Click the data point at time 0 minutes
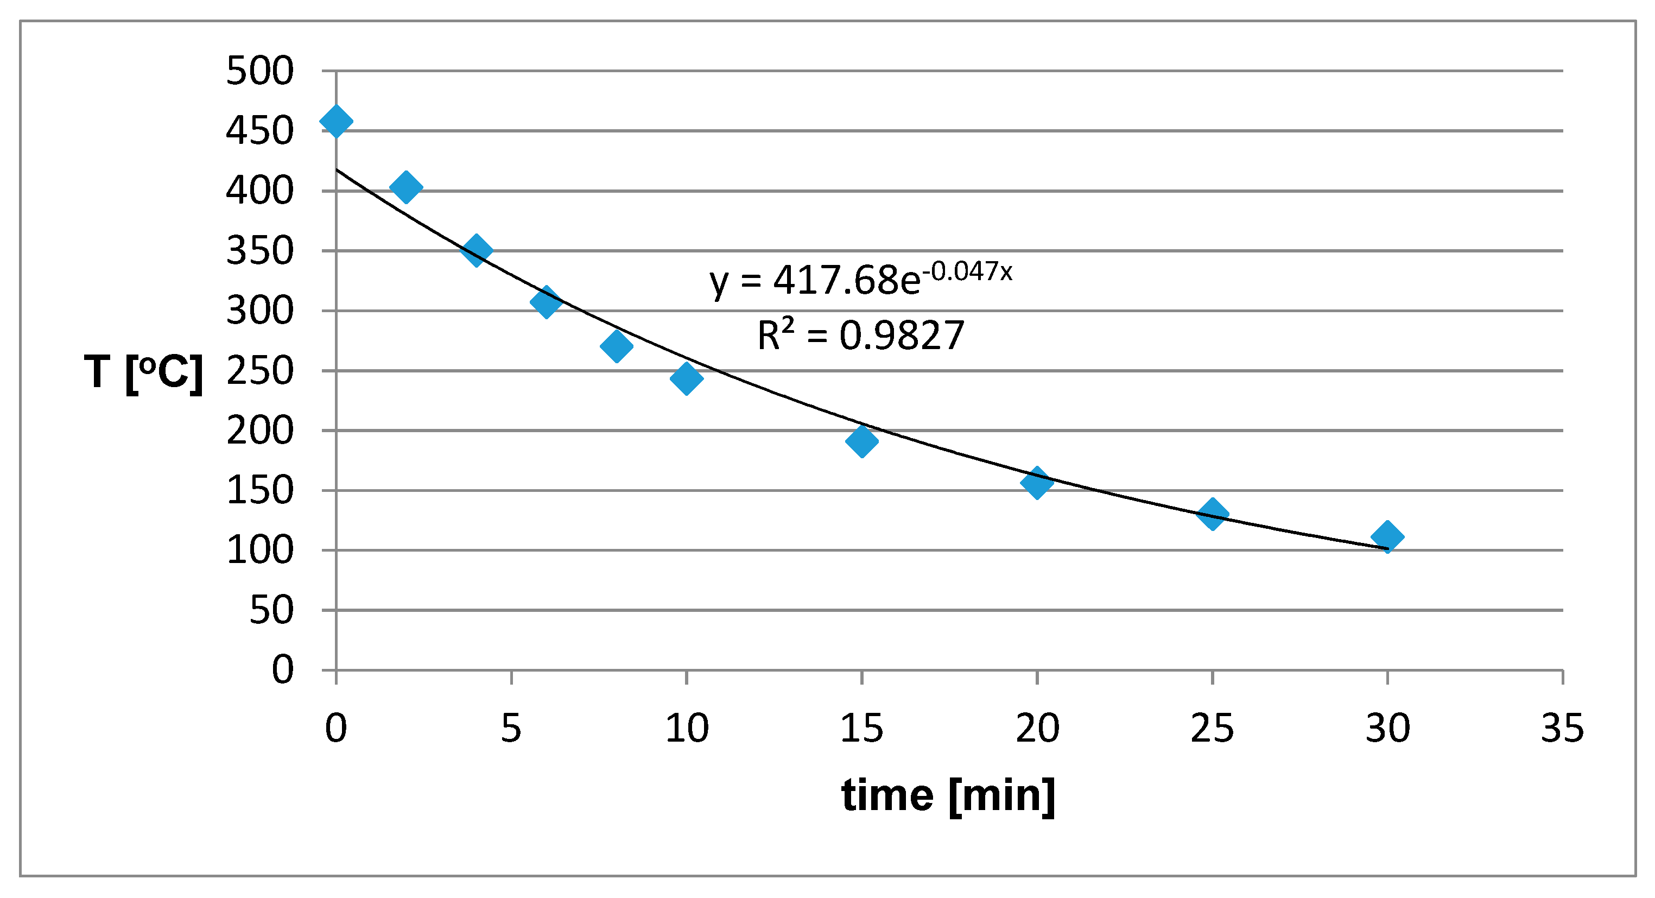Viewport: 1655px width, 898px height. pos(336,122)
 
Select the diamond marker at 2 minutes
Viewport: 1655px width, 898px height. pos(406,187)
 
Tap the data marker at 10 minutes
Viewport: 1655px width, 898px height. pos(686,377)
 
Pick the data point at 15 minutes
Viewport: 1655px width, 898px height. pos(862,440)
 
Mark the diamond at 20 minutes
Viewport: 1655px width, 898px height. pos(1037,482)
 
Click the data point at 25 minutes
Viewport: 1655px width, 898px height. pos(1212,514)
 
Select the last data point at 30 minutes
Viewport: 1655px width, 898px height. pos(1387,536)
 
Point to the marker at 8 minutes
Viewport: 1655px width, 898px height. pos(616,346)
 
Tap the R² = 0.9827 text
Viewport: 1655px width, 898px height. pos(861,335)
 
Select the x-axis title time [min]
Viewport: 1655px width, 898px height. pos(948,796)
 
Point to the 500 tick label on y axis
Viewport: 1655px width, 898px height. pos(259,71)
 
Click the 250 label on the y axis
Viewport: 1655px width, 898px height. pos(259,371)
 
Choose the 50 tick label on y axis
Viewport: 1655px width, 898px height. pos(271,610)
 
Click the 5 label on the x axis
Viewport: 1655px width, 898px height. pos(511,728)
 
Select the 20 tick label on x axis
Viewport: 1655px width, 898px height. pos(1037,728)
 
